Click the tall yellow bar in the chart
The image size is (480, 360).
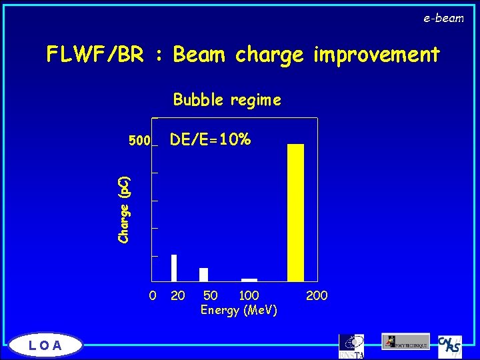pyautogui.click(x=295, y=213)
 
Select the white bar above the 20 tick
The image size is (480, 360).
pyautogui.click(x=174, y=268)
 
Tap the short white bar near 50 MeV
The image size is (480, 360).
pyautogui.click(x=203, y=275)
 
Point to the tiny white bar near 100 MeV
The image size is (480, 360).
pyautogui.click(x=249, y=280)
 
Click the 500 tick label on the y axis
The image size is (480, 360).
pyautogui.click(x=139, y=141)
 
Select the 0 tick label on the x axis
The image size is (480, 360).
pyautogui.click(x=153, y=295)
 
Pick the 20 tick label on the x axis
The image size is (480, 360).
pyautogui.click(x=177, y=295)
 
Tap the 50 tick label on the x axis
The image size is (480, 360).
pyautogui.click(x=210, y=295)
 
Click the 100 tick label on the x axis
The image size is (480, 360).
pyautogui.click(x=249, y=295)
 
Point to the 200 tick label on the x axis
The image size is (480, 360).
pyautogui.click(x=317, y=295)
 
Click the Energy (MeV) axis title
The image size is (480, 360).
pyautogui.click(x=239, y=310)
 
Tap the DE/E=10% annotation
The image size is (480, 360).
pyautogui.click(x=210, y=139)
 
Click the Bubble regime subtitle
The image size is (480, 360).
pyautogui.click(x=227, y=100)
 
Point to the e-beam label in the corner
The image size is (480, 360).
pyautogui.click(x=443, y=19)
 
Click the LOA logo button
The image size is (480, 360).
pyautogui.click(x=45, y=345)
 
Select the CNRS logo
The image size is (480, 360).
pyautogui.click(x=449, y=346)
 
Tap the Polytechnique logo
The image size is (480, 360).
pyautogui.click(x=405, y=341)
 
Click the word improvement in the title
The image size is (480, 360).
pyautogui.click(x=373, y=55)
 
